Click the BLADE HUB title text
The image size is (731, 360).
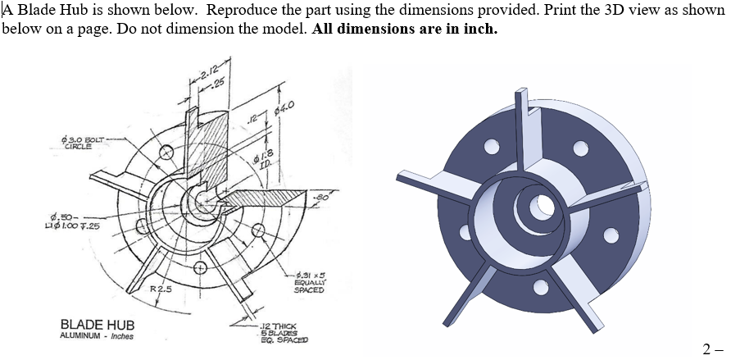(98, 325)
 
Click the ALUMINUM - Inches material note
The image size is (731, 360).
(97, 336)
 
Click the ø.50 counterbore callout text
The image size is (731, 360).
(72, 221)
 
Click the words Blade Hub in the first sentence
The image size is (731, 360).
(36, 10)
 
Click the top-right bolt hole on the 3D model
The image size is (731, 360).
(580, 150)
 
